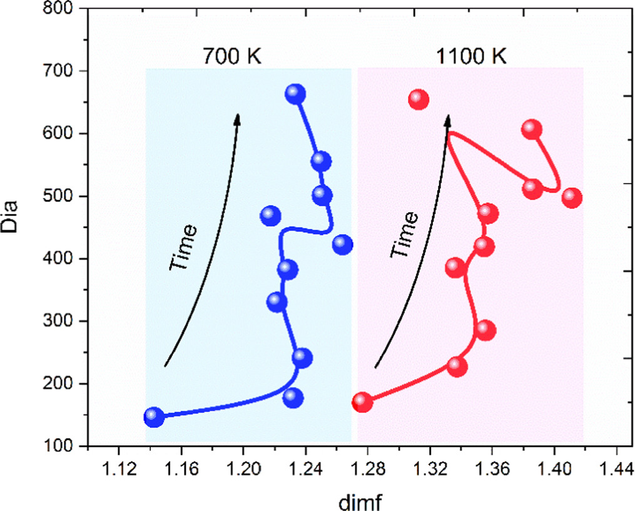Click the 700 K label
pos(230,57)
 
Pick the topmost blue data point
pos(295,94)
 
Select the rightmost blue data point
pos(342,245)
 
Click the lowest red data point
pos(362,402)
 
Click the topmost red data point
pos(419,99)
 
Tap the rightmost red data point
pos(572,198)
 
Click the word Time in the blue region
pos(183,248)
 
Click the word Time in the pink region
pos(404,235)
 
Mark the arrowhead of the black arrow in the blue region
pos(238,118)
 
